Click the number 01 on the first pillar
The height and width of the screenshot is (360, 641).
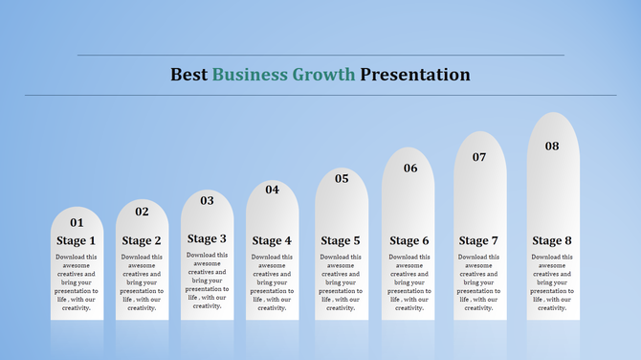(77, 223)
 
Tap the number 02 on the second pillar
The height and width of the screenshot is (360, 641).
(142, 212)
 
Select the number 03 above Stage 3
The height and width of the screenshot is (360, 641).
(207, 201)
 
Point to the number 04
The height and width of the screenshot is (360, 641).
(273, 190)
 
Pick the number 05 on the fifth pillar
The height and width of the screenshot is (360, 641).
(342, 178)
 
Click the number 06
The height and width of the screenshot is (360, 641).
(410, 169)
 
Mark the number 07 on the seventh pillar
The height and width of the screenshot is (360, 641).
(479, 157)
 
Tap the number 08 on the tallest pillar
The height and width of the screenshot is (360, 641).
(552, 146)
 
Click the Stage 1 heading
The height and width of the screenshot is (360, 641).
(77, 241)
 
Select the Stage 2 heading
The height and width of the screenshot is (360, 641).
(142, 241)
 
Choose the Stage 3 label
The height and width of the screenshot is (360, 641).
(207, 239)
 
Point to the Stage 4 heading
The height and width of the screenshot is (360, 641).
(273, 241)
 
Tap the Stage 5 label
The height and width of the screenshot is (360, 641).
(342, 241)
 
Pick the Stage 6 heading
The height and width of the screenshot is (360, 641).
(410, 241)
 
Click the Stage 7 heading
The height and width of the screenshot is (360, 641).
(479, 241)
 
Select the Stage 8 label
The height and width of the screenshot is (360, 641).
(552, 241)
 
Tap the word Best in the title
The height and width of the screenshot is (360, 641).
(189, 75)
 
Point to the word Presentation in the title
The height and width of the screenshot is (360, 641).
(415, 75)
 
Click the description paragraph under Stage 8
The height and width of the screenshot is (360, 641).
(552, 282)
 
